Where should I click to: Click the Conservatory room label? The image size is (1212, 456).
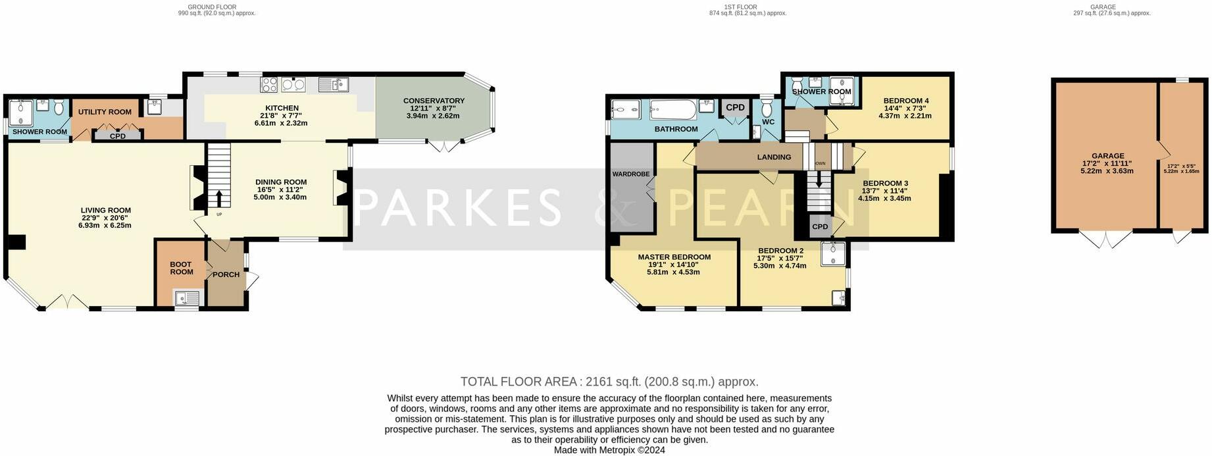point(434,101)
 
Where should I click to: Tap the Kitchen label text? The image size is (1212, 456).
point(282,108)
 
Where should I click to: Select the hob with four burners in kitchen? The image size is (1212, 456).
point(270,84)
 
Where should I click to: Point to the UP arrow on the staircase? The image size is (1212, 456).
point(219,200)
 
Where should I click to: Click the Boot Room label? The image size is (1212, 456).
point(181,268)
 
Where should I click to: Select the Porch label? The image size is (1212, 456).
point(226,274)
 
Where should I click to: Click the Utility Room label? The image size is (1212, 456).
point(105,112)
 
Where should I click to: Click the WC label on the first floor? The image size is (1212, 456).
point(769,122)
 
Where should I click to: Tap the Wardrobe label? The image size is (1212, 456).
point(631,174)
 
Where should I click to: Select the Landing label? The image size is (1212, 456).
point(774,157)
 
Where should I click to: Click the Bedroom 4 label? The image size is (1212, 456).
point(907,101)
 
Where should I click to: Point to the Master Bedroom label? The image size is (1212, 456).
point(674,257)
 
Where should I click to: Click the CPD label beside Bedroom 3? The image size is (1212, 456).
point(820,226)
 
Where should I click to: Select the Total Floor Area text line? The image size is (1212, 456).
point(609,382)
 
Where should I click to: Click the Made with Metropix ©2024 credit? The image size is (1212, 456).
point(609,450)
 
